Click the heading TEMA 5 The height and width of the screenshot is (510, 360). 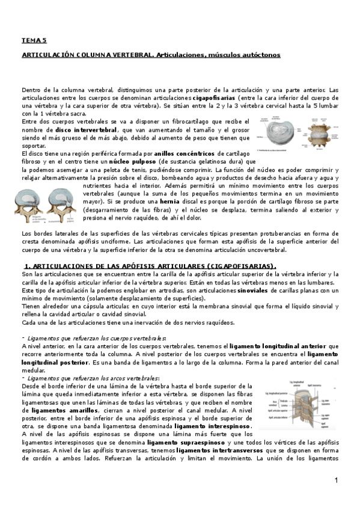pos(34,40)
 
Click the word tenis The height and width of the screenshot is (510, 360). pos(139,170)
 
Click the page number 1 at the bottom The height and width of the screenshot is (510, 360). pos(337,481)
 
